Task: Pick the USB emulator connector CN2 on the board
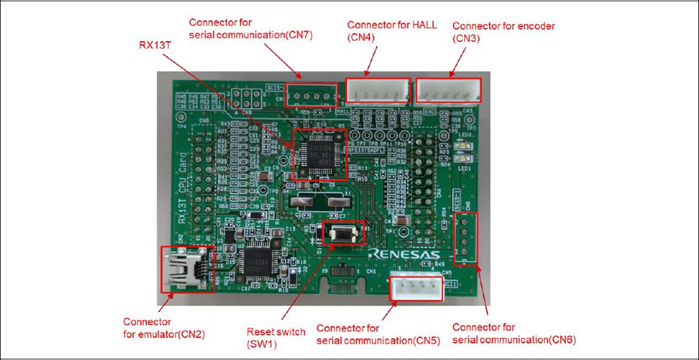[x=186, y=269]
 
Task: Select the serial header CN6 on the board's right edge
[x=465, y=238]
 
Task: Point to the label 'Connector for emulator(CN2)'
[x=148, y=328]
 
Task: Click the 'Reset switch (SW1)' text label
[x=276, y=338]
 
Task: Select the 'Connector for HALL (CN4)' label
[x=392, y=31]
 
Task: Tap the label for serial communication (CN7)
[x=250, y=29]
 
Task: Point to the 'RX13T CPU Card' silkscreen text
[x=183, y=188]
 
